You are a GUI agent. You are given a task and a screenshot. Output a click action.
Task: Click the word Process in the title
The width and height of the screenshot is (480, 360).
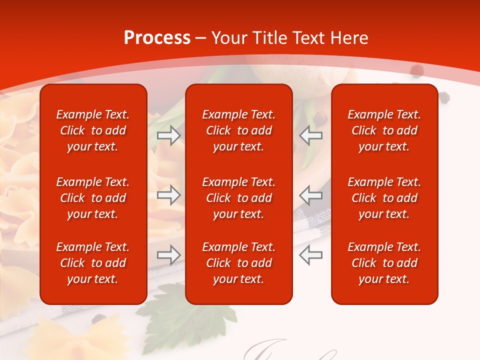point(157,38)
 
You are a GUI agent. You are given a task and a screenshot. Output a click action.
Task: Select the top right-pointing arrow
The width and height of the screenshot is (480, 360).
point(168,135)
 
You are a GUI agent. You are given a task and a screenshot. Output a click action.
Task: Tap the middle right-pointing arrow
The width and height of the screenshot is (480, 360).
point(168,195)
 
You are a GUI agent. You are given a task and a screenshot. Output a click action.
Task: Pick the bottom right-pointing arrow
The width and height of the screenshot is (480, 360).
point(168,255)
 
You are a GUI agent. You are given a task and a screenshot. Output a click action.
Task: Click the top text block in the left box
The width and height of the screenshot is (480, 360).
point(93,130)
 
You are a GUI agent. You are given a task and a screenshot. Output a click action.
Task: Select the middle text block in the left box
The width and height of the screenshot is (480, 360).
point(93,198)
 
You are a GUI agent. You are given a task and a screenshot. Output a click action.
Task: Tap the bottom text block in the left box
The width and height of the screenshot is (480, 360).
point(93,263)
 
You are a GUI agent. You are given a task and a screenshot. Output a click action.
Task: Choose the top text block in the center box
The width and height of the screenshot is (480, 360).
point(239,130)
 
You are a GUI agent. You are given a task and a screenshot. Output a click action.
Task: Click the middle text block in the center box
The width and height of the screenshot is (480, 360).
point(239,198)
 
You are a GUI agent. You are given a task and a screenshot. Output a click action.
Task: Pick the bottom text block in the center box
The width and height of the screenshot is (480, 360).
point(239,263)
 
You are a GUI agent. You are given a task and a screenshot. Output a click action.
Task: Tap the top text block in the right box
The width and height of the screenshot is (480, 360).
point(384,130)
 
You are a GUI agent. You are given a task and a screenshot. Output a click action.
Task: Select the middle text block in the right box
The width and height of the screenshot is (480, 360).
point(384,198)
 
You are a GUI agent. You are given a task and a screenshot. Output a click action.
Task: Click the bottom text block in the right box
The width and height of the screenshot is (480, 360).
point(384,263)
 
